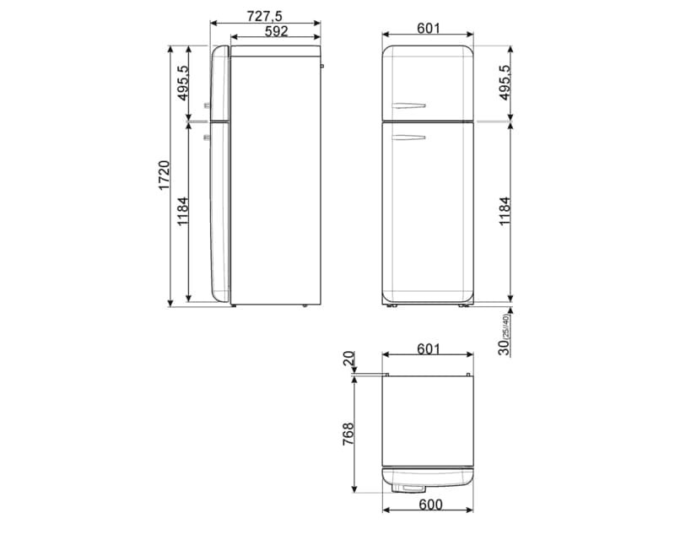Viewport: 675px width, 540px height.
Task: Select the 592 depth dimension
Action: (x=275, y=31)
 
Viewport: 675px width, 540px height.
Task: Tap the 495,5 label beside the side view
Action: (x=184, y=83)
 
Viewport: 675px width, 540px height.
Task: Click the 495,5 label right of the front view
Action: (x=505, y=83)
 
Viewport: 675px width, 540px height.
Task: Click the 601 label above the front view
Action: (x=429, y=28)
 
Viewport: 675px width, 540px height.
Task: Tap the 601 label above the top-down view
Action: (x=428, y=348)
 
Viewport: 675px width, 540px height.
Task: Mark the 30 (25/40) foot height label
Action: (x=504, y=335)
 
